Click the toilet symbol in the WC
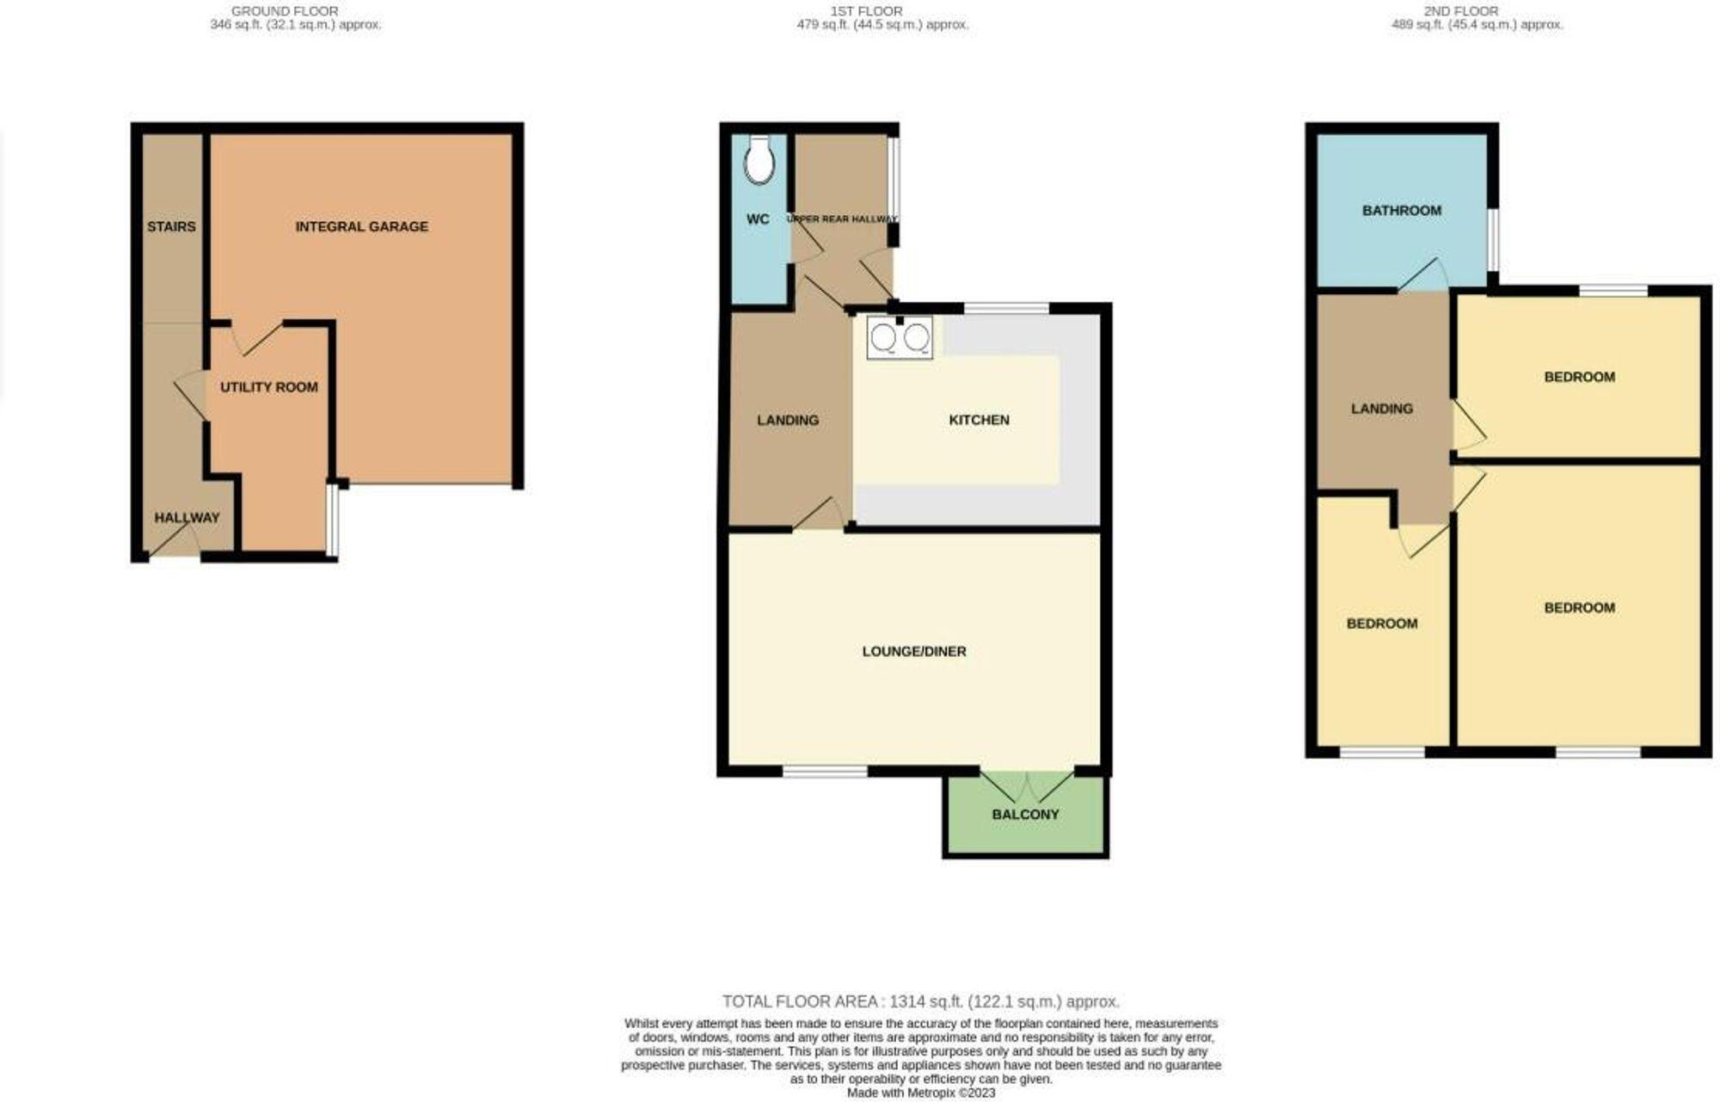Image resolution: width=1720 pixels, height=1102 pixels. pyautogui.click(x=759, y=160)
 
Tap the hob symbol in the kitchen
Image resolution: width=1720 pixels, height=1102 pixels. pyautogui.click(x=900, y=337)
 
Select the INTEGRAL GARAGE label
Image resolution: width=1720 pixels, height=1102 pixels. pyautogui.click(x=361, y=226)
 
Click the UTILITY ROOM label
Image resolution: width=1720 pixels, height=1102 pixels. pyautogui.click(x=268, y=387)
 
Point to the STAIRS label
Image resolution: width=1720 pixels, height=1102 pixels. pyautogui.click(x=171, y=226)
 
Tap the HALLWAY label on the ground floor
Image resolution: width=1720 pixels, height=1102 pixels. pyautogui.click(x=187, y=518)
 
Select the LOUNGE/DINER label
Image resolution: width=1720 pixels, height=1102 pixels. pyautogui.click(x=914, y=651)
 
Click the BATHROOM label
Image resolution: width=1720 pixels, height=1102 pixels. pyautogui.click(x=1401, y=211)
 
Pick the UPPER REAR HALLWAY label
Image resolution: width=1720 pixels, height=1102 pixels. pyautogui.click(x=842, y=219)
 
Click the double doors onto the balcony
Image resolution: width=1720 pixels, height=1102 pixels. pyautogui.click(x=1026, y=785)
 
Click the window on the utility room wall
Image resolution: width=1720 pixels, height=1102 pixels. pyautogui.click(x=332, y=520)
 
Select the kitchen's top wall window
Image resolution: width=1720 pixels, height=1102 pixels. pyautogui.click(x=1006, y=308)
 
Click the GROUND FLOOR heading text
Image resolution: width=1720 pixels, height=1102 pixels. pyautogui.click(x=285, y=11)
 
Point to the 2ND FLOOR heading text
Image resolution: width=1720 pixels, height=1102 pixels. pyautogui.click(x=1472, y=11)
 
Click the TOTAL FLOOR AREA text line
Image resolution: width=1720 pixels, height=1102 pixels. pyautogui.click(x=920, y=1001)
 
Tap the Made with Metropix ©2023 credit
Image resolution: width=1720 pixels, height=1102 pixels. pyautogui.click(x=920, y=1093)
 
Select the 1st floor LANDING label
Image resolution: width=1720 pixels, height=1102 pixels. pyautogui.click(x=787, y=420)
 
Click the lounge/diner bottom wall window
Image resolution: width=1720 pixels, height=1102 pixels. pyautogui.click(x=825, y=772)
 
